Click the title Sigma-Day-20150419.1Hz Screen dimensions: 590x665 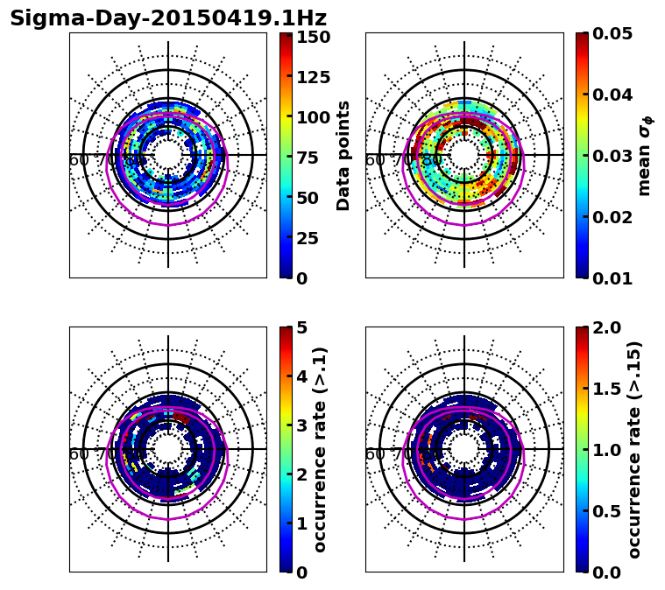(x=167, y=18)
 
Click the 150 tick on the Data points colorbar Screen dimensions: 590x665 (x=313, y=37)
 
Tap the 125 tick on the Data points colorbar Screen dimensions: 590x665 (x=313, y=77)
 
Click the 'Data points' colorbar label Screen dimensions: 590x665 (x=343, y=155)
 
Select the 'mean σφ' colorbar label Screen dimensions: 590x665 (x=644, y=156)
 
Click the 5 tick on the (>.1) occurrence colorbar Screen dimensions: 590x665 (x=301, y=327)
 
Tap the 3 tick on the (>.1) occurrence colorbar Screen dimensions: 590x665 (x=301, y=425)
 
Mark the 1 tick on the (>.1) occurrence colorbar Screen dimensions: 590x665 (x=301, y=523)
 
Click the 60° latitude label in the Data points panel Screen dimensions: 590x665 (x=79, y=160)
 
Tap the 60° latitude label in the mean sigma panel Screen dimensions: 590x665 (x=375, y=160)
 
